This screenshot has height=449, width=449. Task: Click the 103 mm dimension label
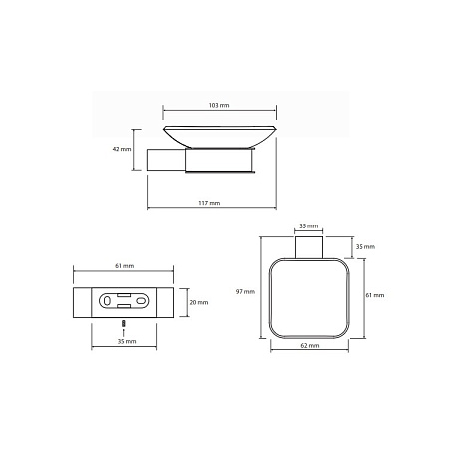[219, 105]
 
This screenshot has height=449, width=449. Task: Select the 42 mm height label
[122, 149]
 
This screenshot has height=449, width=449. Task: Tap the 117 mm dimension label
[209, 203]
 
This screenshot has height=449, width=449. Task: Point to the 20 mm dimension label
[199, 302]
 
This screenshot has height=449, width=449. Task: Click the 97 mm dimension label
[245, 291]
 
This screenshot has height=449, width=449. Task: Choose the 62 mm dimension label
[310, 345]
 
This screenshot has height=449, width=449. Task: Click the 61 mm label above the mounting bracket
[125, 266]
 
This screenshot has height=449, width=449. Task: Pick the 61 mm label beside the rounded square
[375, 295]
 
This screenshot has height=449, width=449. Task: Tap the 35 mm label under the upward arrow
[127, 341]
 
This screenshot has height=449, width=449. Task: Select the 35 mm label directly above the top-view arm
[309, 226]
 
